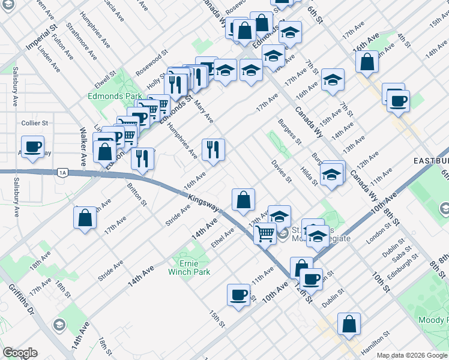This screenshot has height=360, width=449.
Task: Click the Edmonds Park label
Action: (x=115, y=96)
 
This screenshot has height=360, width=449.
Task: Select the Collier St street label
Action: (x=34, y=122)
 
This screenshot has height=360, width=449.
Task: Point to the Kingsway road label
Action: (x=203, y=202)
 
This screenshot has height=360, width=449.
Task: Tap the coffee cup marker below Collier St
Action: (x=33, y=146)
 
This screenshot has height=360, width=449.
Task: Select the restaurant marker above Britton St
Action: (x=142, y=159)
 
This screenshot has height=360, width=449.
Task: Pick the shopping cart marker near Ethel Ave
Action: (x=265, y=233)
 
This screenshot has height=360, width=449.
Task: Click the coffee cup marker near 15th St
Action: (x=238, y=295)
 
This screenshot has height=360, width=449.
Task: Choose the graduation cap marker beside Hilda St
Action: (x=331, y=175)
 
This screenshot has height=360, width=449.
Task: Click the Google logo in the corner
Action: (x=20, y=353)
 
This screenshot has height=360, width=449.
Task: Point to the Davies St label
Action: (x=281, y=171)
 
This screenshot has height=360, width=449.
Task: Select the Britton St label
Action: (x=137, y=194)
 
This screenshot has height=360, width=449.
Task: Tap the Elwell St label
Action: (x=108, y=79)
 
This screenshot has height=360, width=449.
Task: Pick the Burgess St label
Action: (x=289, y=131)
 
